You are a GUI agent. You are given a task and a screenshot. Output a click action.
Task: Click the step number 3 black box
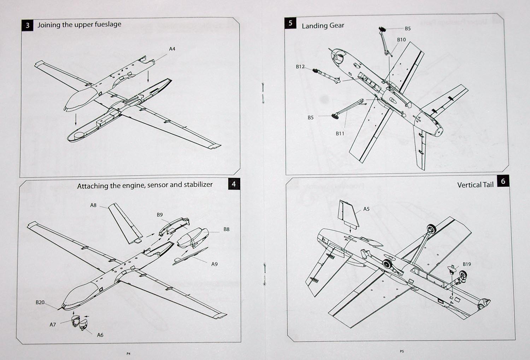tap(27, 25)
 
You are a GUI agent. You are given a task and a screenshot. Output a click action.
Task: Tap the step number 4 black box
tap(234, 184)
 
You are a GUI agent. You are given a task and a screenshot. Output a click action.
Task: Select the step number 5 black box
tap(290, 23)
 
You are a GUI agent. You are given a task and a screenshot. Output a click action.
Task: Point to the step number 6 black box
tap(503, 181)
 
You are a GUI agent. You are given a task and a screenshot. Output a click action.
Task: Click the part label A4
tap(172, 49)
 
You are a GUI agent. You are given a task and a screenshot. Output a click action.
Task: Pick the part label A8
tap(93, 205)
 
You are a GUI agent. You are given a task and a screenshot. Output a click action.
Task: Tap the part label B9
tap(160, 215)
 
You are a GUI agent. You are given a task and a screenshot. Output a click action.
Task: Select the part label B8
tap(226, 229)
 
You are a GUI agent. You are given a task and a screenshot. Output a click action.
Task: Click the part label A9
tap(214, 264)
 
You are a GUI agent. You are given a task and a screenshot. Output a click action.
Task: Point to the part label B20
tap(40, 302)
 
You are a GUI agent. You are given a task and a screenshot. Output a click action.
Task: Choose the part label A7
tap(53, 324)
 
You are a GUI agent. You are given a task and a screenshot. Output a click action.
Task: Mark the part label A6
tap(100, 335)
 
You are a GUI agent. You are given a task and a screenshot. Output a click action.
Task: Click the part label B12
tap(300, 66)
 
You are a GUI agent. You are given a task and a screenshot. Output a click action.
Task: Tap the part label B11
tap(340, 133)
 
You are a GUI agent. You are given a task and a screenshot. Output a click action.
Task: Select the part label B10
tap(401, 40)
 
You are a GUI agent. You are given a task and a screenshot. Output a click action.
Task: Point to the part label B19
tap(466, 264)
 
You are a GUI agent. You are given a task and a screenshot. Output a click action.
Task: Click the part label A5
tap(366, 209)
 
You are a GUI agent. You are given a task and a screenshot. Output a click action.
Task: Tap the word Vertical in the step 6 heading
tap(469, 185)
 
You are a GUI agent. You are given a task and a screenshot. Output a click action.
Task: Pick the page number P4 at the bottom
tap(128, 353)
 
